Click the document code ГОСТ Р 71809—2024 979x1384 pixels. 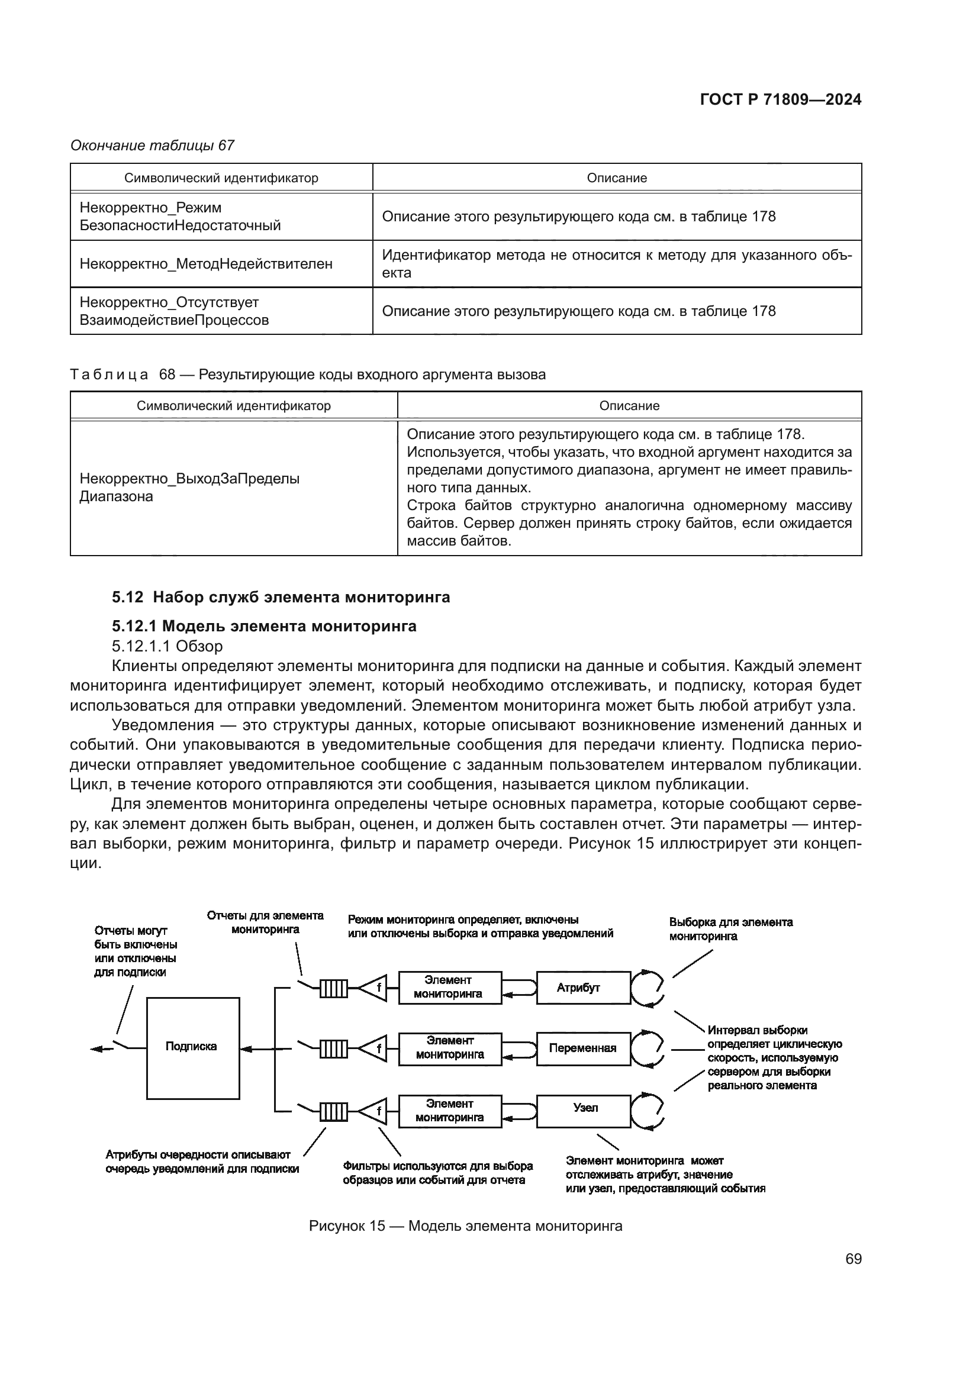tap(780, 100)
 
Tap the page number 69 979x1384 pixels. tap(853, 1259)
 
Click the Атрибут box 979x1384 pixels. tap(583, 988)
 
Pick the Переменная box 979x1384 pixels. tap(583, 1049)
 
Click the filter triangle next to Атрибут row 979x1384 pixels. tap(374, 988)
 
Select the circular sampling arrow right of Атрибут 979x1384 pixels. tap(648, 988)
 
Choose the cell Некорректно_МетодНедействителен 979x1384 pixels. tap(206, 263)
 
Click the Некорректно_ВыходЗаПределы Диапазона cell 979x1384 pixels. tap(189, 488)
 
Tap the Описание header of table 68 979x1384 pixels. tap(629, 406)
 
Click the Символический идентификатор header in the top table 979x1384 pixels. tap(221, 178)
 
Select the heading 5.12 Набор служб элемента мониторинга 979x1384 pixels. tap(281, 597)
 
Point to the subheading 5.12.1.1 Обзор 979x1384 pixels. tap(167, 646)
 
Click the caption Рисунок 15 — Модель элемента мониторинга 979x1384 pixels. tap(465, 1225)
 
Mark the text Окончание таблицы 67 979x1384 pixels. tap(153, 146)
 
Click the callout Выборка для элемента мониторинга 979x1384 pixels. tap(730, 929)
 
